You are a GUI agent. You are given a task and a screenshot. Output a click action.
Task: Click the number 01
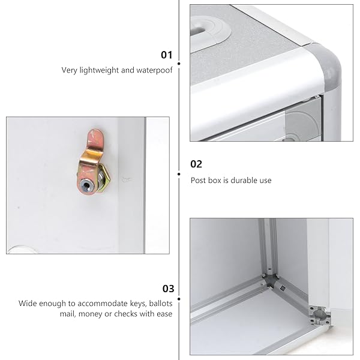[166, 55]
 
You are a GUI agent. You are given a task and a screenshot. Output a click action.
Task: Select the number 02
[196, 164]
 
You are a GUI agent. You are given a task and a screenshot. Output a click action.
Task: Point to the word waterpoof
[156, 70]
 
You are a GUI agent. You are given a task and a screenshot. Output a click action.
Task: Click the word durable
[238, 181]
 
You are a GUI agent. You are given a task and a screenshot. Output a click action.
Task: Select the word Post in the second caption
[199, 181]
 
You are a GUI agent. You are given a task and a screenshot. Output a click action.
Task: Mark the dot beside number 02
[179, 174]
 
